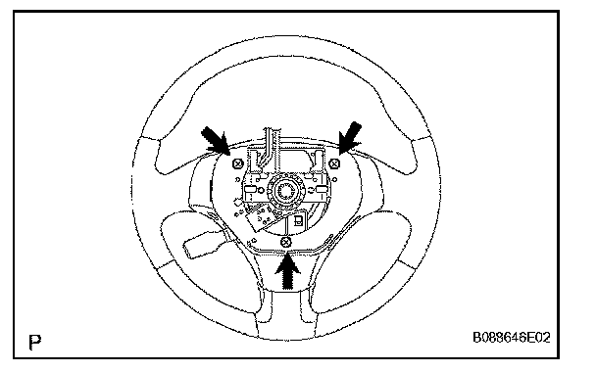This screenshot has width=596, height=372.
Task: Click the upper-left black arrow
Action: pyautogui.click(x=216, y=141)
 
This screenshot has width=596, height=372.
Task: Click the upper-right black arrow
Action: pyautogui.click(x=350, y=137)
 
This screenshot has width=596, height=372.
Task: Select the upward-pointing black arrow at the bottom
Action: pyautogui.click(x=288, y=271)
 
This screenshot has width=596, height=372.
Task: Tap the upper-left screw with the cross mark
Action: pyautogui.click(x=237, y=163)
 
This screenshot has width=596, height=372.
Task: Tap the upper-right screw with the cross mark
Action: pyautogui.click(x=334, y=163)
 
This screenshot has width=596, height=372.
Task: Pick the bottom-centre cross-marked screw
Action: pyautogui.click(x=286, y=242)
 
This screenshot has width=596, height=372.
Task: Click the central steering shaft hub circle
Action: pyautogui.click(x=285, y=189)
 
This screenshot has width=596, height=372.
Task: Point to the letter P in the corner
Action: pyautogui.click(x=35, y=342)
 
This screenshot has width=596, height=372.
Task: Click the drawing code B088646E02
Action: pyautogui.click(x=512, y=337)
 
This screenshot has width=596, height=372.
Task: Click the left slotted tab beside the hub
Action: pyautogui.click(x=251, y=189)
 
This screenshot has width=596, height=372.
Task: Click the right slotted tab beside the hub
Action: pyautogui.click(x=322, y=189)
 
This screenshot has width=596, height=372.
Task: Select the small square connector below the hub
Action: pyautogui.click(x=299, y=220)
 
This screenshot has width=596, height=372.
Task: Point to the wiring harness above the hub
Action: pyautogui.click(x=270, y=146)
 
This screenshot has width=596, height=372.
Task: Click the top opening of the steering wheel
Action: pyautogui.click(x=286, y=103)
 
